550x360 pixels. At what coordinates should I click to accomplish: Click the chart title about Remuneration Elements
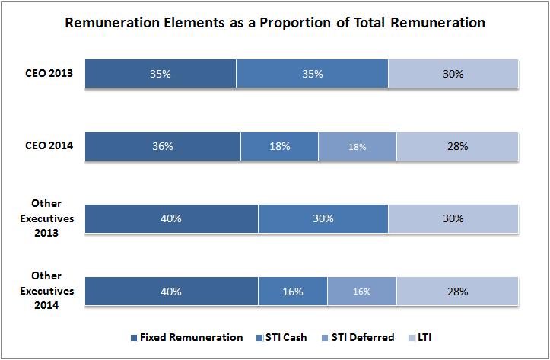click(x=275, y=23)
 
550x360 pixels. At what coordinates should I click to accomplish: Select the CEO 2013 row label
click(x=48, y=74)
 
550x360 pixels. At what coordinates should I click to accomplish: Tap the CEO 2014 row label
click(x=48, y=146)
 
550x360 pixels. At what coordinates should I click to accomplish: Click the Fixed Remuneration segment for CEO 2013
click(x=161, y=74)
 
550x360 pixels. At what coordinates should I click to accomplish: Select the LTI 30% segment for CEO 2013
click(x=453, y=74)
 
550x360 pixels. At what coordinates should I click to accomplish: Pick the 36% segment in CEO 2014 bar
click(x=163, y=146)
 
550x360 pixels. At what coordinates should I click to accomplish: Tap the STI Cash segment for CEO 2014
click(x=279, y=146)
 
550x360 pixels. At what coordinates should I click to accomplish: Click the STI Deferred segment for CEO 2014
click(x=358, y=146)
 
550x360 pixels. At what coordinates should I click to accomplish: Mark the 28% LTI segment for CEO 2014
click(x=457, y=146)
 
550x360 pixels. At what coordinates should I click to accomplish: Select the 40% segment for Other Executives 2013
click(x=171, y=218)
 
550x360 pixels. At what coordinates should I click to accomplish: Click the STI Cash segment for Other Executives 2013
click(x=323, y=218)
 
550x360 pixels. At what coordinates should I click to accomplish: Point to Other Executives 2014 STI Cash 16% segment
click(x=293, y=292)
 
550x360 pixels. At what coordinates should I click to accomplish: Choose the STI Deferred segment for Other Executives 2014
click(x=362, y=292)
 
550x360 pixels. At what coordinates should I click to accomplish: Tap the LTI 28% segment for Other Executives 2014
click(x=457, y=292)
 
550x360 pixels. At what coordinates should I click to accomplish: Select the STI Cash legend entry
click(x=283, y=337)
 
